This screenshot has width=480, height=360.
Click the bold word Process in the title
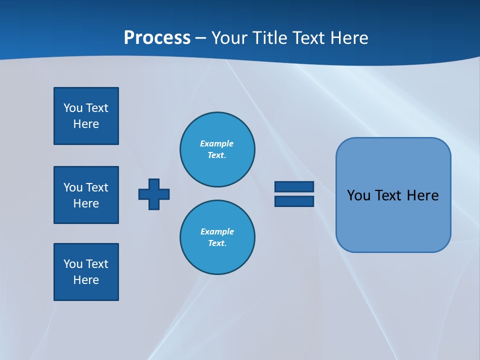point(157,38)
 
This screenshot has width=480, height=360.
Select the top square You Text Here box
point(86,116)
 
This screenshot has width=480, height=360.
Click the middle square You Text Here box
point(86,195)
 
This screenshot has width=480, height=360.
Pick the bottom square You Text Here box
point(86,272)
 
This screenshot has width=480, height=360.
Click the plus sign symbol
point(154,194)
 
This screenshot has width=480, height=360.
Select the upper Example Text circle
point(217,149)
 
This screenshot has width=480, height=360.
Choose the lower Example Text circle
point(217,237)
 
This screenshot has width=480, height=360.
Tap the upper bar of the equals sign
point(294,187)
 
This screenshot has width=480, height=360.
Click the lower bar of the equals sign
point(294,201)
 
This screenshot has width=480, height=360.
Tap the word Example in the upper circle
point(217,143)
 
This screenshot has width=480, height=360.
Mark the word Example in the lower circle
point(217,231)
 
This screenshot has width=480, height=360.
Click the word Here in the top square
point(86,124)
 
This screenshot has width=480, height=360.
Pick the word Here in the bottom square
point(86,280)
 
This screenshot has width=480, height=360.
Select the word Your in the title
point(229,38)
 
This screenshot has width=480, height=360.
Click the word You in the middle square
point(73,187)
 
